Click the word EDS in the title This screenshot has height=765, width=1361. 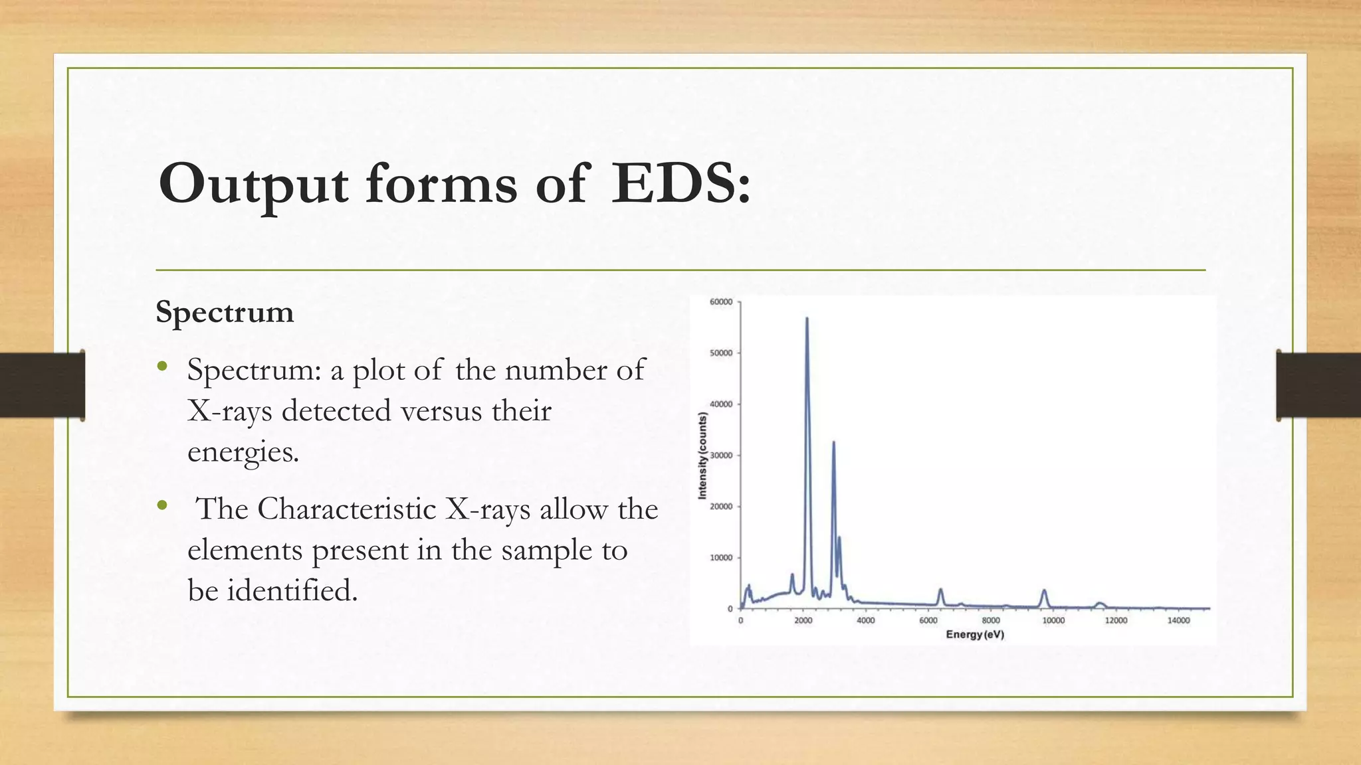tap(680, 183)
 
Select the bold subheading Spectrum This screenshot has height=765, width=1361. tap(225, 311)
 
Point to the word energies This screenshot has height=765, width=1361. tap(243, 452)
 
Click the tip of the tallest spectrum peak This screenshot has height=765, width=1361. tap(807, 319)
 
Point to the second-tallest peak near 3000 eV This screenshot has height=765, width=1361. tap(833, 442)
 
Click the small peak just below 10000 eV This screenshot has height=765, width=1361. tap(1044, 591)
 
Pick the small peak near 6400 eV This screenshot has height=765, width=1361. tap(940, 590)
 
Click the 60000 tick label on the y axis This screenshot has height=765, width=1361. tap(721, 302)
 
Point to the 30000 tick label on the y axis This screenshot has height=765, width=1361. tap(721, 456)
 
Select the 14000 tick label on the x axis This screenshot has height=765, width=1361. tap(1178, 621)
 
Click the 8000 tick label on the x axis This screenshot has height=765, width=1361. tap(991, 621)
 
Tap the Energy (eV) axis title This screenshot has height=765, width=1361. tap(975, 635)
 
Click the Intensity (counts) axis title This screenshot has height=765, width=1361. tap(702, 456)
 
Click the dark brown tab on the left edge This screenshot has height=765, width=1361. tap(42, 385)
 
